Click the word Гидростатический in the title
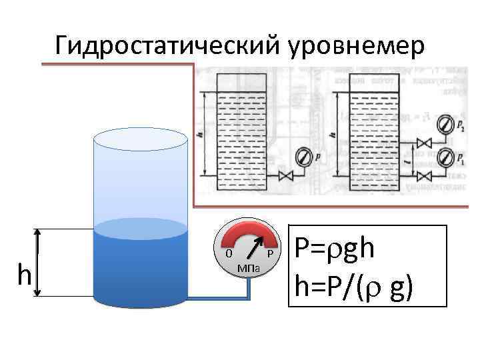[x=169, y=45]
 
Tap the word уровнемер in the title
[x=356, y=45]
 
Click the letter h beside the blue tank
[x=25, y=274]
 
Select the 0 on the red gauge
[x=229, y=254]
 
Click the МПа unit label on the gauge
[x=249, y=268]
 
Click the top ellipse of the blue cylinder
[x=140, y=139]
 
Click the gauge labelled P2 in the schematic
[x=443, y=124]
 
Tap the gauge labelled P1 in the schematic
[x=443, y=158]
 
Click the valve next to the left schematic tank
[x=287, y=177]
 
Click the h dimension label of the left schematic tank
[x=201, y=133]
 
